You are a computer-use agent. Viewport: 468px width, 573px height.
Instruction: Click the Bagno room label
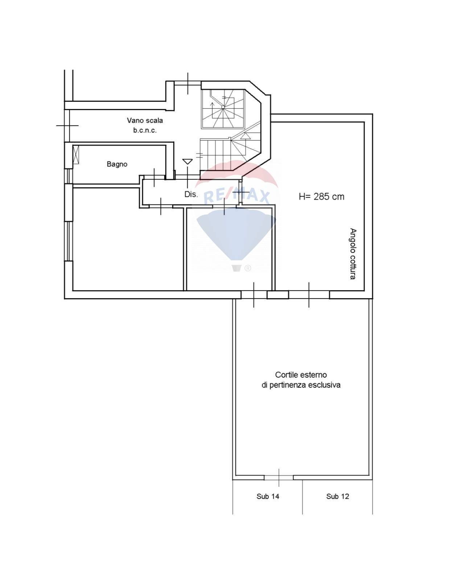click(117, 164)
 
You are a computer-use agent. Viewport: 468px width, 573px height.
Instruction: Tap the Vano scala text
click(145, 120)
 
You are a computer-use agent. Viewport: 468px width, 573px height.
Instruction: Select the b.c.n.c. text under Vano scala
click(145, 130)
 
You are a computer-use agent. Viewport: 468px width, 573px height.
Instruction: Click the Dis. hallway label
click(191, 194)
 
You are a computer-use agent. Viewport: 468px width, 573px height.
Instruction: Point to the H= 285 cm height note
click(321, 197)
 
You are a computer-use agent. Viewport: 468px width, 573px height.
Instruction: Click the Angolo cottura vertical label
click(353, 254)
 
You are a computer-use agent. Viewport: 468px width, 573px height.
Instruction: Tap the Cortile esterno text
click(301, 375)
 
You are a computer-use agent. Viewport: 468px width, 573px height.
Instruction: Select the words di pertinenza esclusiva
click(301, 385)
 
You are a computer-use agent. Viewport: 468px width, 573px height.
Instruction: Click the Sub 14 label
click(268, 497)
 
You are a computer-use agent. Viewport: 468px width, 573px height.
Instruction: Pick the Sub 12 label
click(337, 497)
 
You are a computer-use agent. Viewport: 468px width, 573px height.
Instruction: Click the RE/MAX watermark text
click(237, 197)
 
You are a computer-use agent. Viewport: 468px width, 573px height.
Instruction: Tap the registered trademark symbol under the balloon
click(248, 268)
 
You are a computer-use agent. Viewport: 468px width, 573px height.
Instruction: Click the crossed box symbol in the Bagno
click(76, 154)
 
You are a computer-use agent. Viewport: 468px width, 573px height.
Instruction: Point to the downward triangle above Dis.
click(187, 162)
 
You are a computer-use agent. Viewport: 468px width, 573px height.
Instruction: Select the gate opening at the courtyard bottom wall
click(279, 478)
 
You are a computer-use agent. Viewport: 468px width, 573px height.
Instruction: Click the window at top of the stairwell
click(188, 83)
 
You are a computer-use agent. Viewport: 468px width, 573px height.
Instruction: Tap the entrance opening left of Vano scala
click(67, 125)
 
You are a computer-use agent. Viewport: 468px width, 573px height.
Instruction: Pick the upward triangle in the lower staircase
click(246, 136)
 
